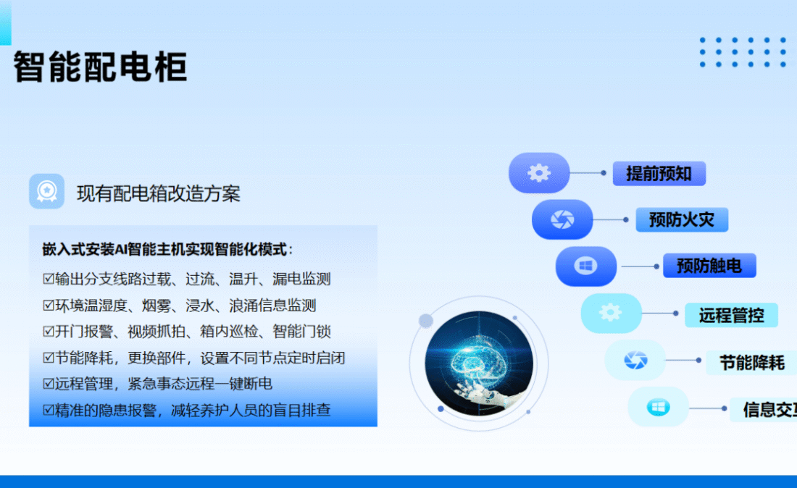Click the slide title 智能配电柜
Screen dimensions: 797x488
tap(100, 67)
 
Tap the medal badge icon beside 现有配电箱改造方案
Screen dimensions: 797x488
tap(47, 191)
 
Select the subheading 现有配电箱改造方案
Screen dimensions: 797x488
tap(158, 193)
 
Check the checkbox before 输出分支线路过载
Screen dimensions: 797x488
tap(49, 279)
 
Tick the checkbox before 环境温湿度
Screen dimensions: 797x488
tap(49, 306)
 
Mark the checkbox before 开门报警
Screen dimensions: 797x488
tap(49, 332)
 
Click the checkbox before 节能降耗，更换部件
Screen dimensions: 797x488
tap(49, 358)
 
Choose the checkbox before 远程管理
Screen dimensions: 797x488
tap(49, 384)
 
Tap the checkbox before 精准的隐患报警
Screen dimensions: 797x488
tap(49, 410)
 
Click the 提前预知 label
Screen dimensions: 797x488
tap(659, 174)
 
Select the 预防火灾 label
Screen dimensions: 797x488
tap(682, 220)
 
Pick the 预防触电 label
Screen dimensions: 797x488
tap(709, 266)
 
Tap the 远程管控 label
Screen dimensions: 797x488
tap(732, 316)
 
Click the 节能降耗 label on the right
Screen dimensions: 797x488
tap(752, 363)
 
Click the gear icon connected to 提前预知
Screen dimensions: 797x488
tap(539, 173)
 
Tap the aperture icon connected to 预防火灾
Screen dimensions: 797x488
tap(562, 219)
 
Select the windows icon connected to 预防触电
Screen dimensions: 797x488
tap(585, 266)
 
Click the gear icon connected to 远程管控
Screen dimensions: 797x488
tap(610, 312)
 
